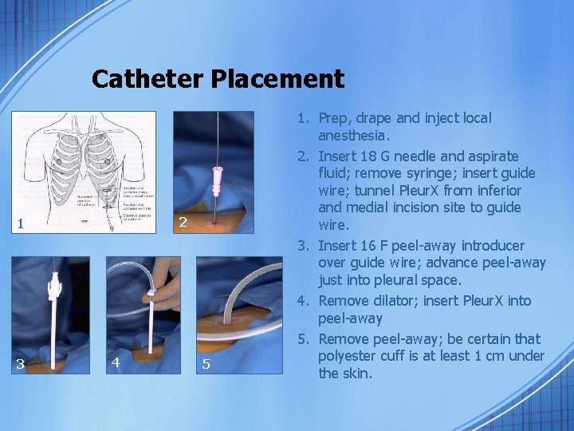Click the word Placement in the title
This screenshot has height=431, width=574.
[277, 79]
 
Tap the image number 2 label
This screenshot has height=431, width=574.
[183, 222]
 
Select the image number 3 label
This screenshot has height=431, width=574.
[19, 364]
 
